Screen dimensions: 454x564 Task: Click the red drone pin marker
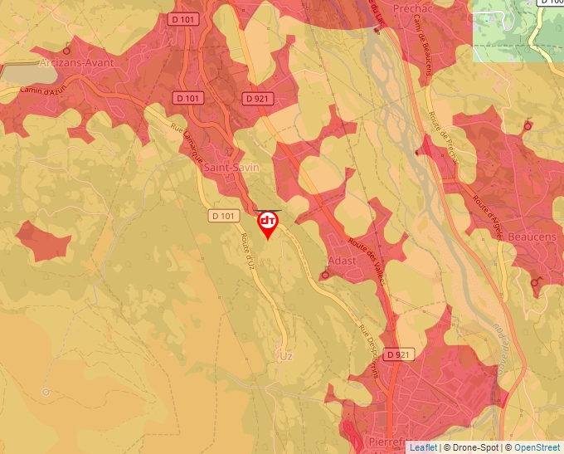[x=268, y=223]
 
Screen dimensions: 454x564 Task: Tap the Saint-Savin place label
[x=231, y=168]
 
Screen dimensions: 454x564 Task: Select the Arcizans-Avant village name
[x=76, y=61]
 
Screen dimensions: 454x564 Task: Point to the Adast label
[x=343, y=261]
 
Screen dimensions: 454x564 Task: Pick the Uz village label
[x=287, y=356]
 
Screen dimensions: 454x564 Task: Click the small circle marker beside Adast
[x=324, y=276]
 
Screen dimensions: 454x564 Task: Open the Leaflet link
[x=423, y=447]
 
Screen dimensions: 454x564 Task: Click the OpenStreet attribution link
[x=537, y=447]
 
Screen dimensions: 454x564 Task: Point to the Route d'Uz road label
[x=248, y=250]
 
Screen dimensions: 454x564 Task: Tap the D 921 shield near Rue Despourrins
[x=398, y=354]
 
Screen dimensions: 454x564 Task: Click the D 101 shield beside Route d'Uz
[x=223, y=216]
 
